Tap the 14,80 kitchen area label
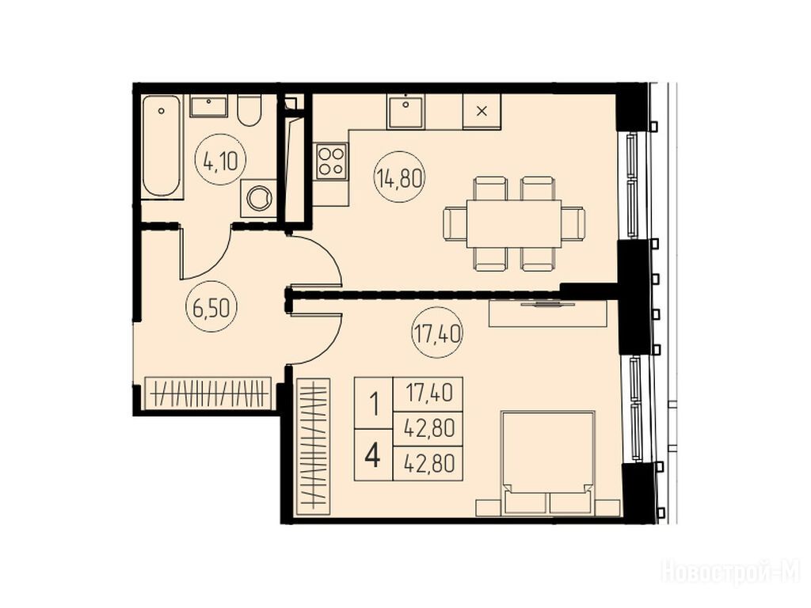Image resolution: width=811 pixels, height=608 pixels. [399, 178]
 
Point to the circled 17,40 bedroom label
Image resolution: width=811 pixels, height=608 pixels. [437, 333]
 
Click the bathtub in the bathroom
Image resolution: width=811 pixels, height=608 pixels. [162, 146]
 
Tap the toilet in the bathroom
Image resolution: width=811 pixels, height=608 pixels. [249, 110]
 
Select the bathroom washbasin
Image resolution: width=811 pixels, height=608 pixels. [209, 107]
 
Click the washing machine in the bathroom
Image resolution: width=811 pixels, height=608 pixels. [259, 198]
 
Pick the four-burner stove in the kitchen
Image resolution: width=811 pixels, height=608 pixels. [332, 161]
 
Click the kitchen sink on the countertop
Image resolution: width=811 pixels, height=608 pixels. [405, 111]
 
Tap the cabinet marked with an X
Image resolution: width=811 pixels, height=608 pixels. [482, 111]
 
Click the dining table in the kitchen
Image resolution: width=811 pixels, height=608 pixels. [513, 223]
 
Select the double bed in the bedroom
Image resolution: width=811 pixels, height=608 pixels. [548, 462]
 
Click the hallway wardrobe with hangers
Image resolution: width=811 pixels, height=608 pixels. [208, 393]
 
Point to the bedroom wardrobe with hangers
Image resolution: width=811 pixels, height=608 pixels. [313, 446]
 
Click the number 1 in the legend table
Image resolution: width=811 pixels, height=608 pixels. [374, 404]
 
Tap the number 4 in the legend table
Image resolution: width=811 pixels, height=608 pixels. [373, 455]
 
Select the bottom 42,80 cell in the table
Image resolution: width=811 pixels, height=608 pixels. [428, 464]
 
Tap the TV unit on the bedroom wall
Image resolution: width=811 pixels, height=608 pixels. [548, 313]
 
